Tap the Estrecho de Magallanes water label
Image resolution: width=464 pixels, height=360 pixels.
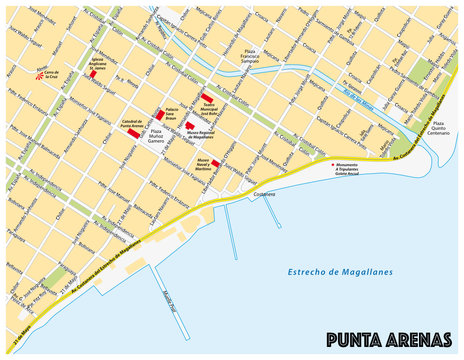click(x=340, y=272)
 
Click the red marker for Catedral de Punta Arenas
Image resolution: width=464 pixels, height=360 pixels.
click(x=134, y=133)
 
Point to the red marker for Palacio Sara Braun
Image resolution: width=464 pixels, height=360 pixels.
click(x=158, y=116)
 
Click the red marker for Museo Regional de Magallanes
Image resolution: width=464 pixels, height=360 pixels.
click(x=188, y=127)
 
